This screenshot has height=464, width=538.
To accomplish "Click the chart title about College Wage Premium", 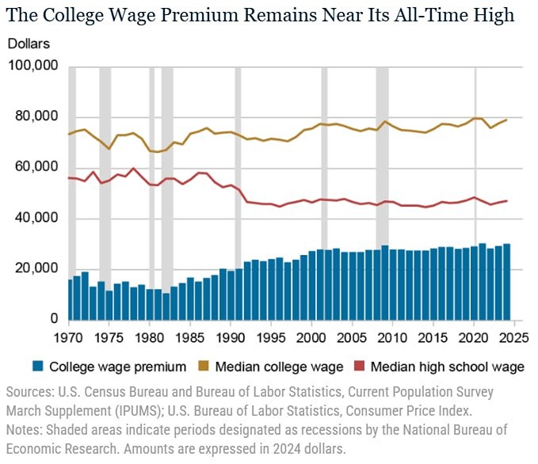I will (261, 15).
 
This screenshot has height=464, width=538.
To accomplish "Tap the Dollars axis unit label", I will (29, 44).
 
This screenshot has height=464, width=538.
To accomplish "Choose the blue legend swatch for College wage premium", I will (36, 367).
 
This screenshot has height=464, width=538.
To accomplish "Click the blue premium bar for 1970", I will (70, 299).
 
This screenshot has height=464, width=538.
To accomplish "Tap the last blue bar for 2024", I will (506, 282).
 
